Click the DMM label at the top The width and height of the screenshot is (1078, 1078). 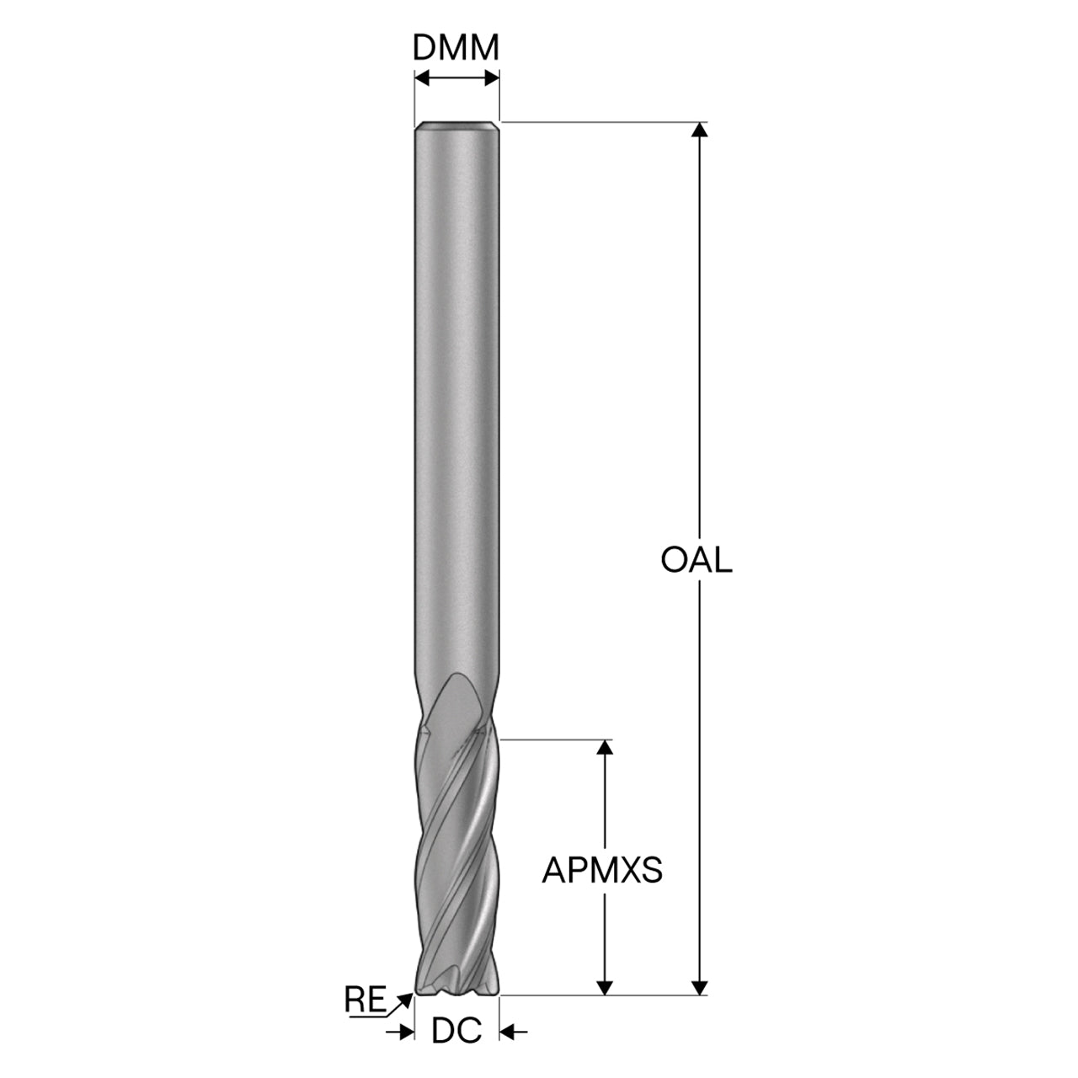point(456,48)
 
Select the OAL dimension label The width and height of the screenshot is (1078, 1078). point(696,560)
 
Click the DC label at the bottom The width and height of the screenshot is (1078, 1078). point(456,1030)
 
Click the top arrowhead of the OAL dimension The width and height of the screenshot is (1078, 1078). point(700,130)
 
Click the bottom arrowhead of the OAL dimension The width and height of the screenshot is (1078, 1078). point(700,987)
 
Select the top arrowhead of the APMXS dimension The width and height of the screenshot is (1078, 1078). point(605,747)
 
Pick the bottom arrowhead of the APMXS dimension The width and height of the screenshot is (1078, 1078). point(605,987)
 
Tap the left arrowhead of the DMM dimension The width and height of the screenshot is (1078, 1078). point(423,78)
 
